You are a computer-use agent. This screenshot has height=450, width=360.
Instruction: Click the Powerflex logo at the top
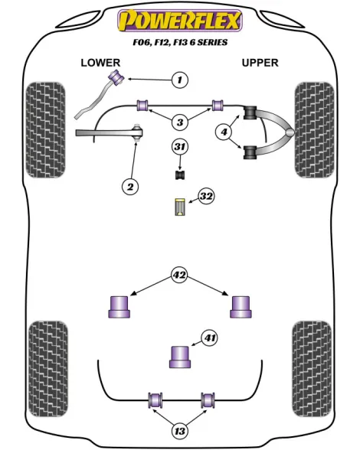tap(180, 21)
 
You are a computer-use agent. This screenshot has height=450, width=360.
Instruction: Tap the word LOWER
tap(100, 63)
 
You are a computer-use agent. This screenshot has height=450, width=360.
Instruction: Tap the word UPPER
tap(260, 63)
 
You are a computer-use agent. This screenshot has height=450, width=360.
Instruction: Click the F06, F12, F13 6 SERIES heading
tap(180, 43)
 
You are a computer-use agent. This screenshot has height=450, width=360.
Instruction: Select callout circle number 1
tap(180, 80)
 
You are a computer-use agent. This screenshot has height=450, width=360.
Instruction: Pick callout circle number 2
tap(130, 187)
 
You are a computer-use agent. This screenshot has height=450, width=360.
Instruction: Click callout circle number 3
tap(180, 122)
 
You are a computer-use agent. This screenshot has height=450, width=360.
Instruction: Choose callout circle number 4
tap(224, 132)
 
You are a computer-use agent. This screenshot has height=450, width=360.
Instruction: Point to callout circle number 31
tap(180, 147)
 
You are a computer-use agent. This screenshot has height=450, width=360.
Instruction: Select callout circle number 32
tap(206, 196)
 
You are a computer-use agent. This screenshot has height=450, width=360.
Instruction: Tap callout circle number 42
tap(179, 276)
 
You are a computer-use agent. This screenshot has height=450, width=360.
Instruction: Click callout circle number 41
tap(209, 338)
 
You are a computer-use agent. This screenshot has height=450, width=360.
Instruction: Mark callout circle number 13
tap(180, 431)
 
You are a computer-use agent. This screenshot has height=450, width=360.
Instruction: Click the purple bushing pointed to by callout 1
tap(116, 77)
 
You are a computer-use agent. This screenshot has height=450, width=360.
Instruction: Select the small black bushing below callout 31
tap(181, 174)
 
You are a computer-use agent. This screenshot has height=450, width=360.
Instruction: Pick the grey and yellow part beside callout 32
tap(180, 207)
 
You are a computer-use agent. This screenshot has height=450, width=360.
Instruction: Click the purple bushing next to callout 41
tap(181, 357)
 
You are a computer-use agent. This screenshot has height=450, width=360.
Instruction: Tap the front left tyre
tap(45, 130)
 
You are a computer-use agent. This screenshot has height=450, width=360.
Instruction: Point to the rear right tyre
tap(312, 369)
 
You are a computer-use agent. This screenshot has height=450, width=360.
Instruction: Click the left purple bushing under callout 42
tap(119, 307)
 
